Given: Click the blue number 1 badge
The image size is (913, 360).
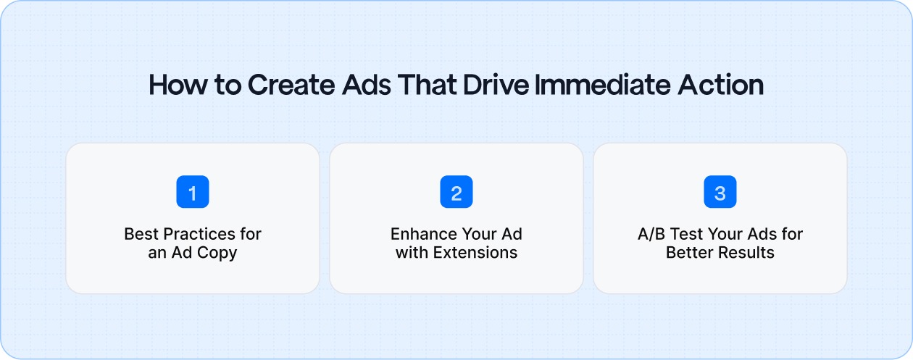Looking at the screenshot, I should (x=192, y=193).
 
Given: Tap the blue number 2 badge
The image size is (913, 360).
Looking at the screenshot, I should (x=456, y=193).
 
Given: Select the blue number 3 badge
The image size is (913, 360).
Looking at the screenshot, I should (x=720, y=193).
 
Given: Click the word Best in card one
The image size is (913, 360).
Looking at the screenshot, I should (x=140, y=235).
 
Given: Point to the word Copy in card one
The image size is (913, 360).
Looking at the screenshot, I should (x=220, y=253).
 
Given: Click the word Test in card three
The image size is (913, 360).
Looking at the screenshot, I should (x=688, y=235).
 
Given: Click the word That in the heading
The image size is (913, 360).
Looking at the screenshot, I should (x=431, y=85).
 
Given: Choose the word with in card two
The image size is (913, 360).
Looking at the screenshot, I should (x=410, y=253).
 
